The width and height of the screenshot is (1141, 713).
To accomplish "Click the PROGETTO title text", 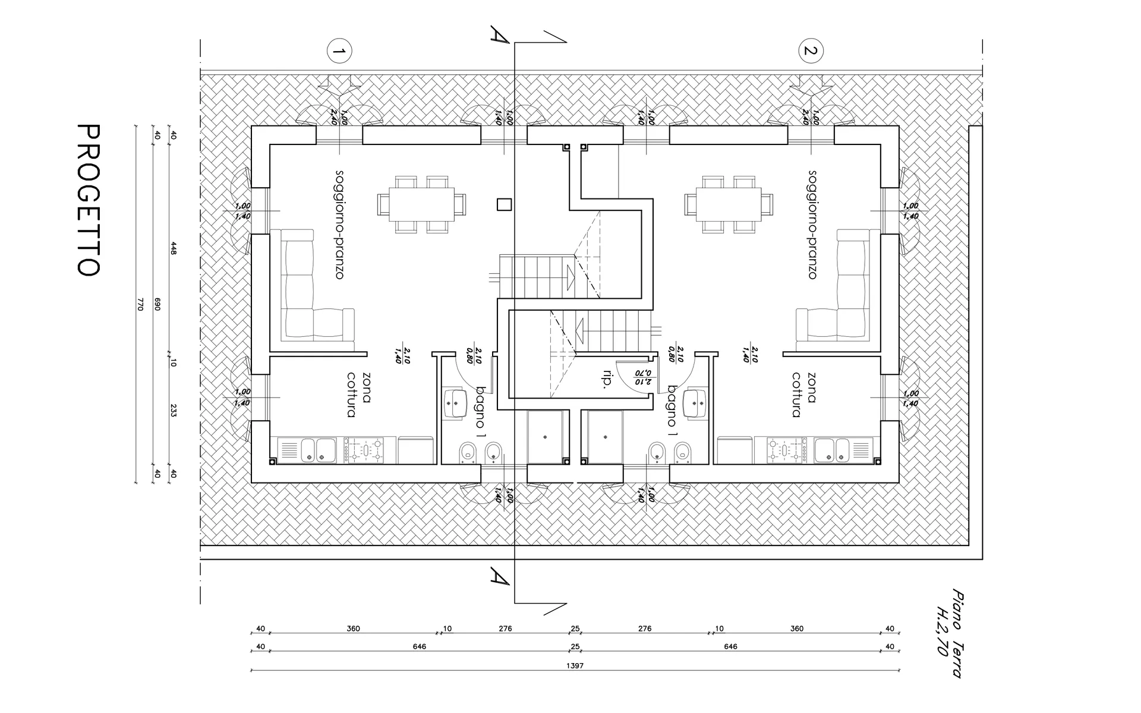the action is (89, 200).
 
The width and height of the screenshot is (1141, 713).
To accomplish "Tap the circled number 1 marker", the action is (339, 52).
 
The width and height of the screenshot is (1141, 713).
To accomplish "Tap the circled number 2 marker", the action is (811, 51).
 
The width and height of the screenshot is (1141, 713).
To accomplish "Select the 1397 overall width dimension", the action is (575, 666).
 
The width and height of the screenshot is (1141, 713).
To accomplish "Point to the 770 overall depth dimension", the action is (140, 305).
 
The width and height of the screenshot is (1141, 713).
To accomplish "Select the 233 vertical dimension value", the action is (174, 410).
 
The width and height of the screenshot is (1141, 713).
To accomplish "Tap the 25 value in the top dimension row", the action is (575, 629).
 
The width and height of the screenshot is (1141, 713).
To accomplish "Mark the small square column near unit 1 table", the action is (505, 204).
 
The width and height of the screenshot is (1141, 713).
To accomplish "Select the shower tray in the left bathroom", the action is (545, 437).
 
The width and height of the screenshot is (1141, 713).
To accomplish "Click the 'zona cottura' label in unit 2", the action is (804, 395).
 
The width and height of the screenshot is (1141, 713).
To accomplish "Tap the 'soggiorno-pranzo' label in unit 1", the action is (339, 225).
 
